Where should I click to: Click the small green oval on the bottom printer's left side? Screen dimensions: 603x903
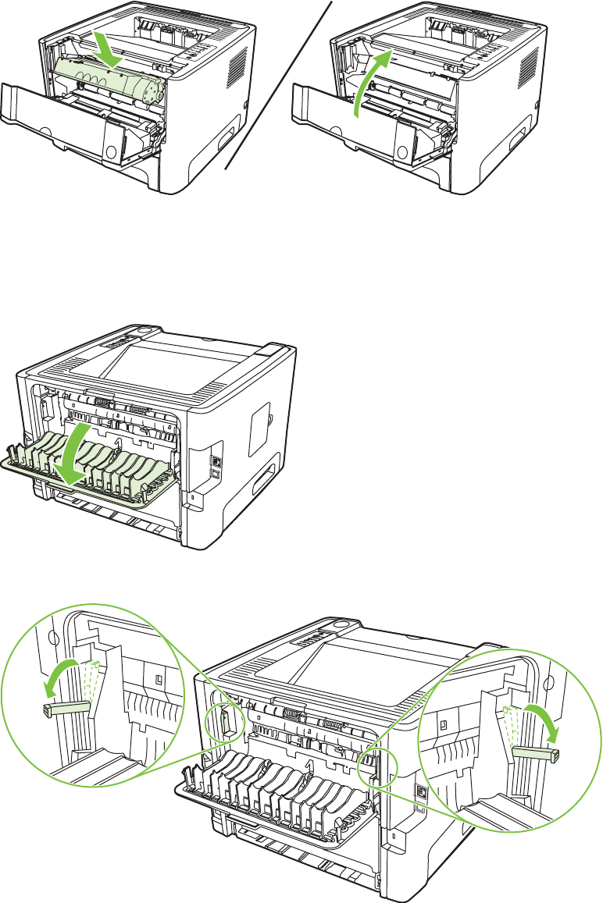tap(223, 722)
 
